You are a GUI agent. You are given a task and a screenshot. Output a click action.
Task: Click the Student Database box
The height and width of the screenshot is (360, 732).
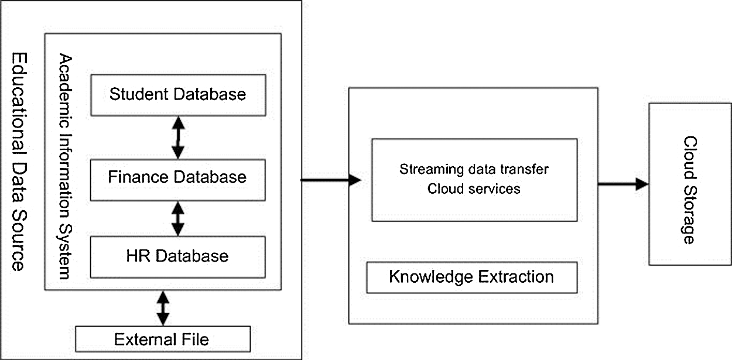tap(177, 94)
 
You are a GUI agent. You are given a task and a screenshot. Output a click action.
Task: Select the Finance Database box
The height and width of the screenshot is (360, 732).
tap(177, 177)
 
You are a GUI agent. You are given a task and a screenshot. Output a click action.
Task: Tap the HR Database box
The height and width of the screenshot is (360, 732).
tap(177, 256)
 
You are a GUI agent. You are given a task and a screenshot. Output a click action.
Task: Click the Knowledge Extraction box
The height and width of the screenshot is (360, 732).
tap(471, 277)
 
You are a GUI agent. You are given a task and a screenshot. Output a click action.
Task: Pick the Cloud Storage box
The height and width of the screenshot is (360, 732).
tap(689, 184)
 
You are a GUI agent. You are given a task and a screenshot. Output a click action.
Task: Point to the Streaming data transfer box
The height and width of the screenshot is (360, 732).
tap(474, 180)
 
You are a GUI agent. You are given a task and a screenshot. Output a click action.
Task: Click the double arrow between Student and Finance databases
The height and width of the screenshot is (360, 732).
tap(177, 137)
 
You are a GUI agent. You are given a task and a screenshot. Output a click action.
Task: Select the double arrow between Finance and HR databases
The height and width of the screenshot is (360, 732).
tap(177, 219)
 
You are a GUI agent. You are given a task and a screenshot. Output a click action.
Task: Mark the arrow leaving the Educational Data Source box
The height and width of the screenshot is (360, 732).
tap(331, 180)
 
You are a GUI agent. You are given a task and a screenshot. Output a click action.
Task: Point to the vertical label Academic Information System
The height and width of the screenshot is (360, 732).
tap(66, 167)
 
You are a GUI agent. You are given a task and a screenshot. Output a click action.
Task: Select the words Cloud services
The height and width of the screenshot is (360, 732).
tap(474, 189)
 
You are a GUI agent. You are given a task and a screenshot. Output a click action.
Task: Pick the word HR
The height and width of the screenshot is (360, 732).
tap(138, 256)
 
